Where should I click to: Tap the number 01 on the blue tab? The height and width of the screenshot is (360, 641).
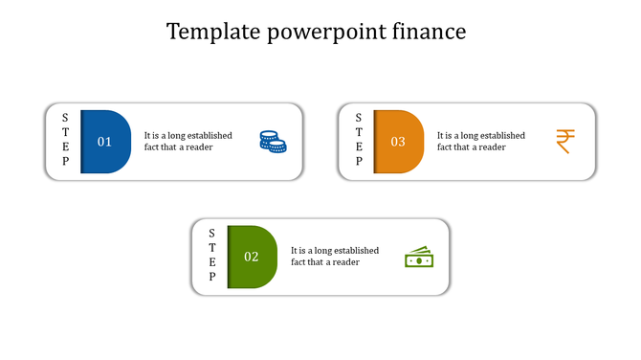coord(104,142)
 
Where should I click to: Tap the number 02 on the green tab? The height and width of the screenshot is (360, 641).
coord(251,257)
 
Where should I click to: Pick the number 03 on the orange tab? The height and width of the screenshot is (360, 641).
coord(398,142)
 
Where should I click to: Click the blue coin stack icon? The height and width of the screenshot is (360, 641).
coord(273,143)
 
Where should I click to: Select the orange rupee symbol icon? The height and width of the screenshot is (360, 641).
coord(564,142)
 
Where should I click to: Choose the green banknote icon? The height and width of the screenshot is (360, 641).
coord(419,258)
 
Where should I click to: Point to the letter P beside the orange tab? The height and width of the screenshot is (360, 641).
coord(359,162)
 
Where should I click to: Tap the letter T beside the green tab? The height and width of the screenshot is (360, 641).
coord(212,247)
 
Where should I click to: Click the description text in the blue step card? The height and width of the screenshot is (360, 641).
coord(188,142)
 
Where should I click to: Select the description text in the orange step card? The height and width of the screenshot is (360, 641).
coord(480,142)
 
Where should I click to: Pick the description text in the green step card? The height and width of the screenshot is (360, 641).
coord(334,257)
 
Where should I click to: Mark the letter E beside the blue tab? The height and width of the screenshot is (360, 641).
coord(65,146)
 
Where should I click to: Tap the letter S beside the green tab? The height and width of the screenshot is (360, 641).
coord(212,233)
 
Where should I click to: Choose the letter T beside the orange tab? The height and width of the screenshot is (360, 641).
coord(359,132)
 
